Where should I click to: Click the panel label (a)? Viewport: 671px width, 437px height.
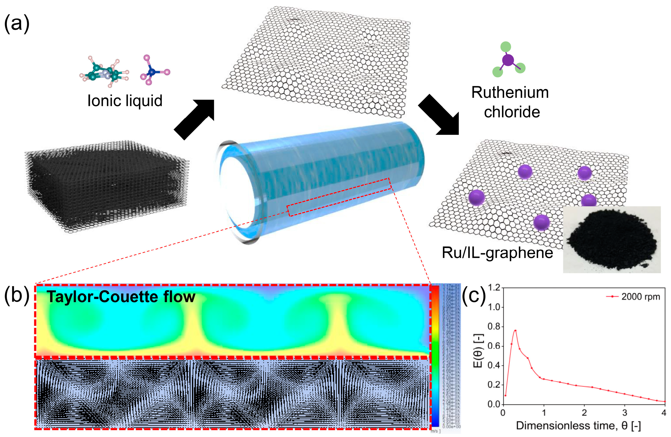tap(17, 24)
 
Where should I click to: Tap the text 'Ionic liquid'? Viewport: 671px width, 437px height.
tap(125, 101)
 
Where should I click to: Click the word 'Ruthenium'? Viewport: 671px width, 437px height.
tap(510, 93)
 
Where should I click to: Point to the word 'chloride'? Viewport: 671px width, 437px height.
tap(512, 112)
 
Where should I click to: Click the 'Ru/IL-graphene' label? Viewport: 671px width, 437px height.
tap(497, 252)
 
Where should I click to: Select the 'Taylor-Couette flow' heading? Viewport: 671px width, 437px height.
tap(121, 297)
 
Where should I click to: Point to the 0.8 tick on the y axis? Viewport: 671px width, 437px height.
tap(494, 326)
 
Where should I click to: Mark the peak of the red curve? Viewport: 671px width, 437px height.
tap(515, 330)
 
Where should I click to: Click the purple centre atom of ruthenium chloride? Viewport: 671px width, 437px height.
tap(508, 60)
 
